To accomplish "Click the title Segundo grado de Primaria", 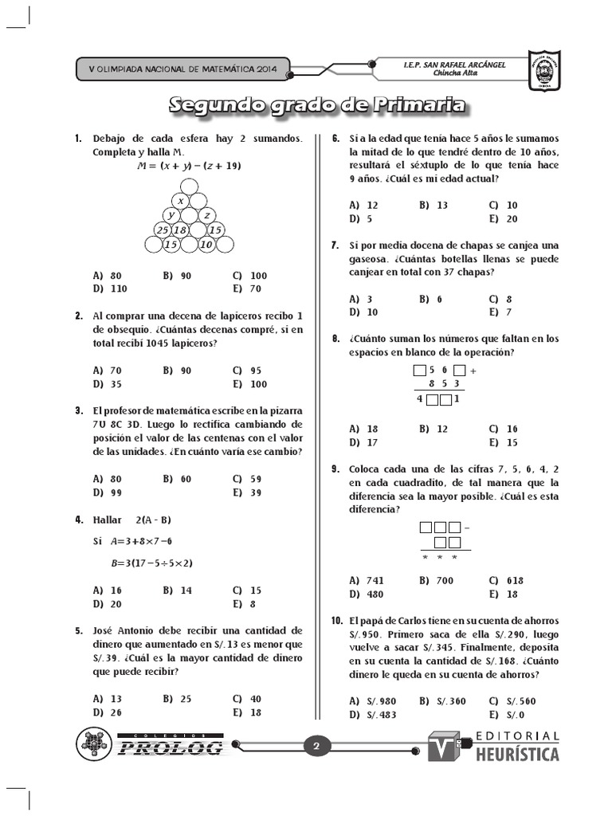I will click(317, 105).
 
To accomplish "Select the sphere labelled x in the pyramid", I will click(181, 201).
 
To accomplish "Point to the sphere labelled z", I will click(206, 215).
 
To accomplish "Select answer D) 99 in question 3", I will click(107, 492).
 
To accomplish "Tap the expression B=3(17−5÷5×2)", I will click(152, 563).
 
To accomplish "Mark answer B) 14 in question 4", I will click(177, 590).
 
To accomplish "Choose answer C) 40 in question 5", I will click(247, 699).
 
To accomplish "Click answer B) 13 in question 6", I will click(433, 205).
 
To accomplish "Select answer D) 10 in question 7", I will click(363, 312).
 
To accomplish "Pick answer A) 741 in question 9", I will click(367, 580).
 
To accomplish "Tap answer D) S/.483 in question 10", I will click(371, 714).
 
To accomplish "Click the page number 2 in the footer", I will click(316, 747).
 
